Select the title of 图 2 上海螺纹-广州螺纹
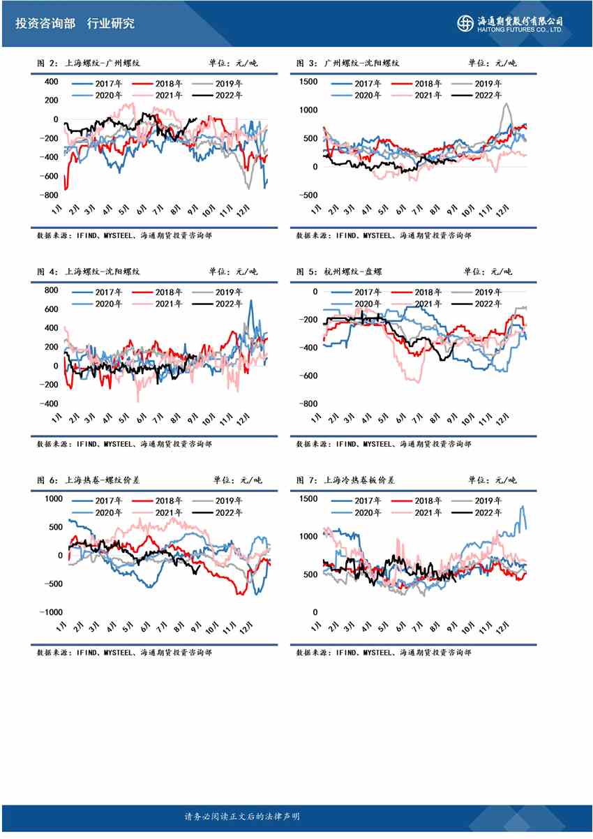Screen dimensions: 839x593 pyautogui.click(x=89, y=63)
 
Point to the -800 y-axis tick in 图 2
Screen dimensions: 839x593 pyautogui.click(x=50, y=195)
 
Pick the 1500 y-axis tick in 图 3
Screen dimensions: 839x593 pyautogui.click(x=309, y=82)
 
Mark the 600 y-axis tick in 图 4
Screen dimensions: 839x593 pyautogui.click(x=51, y=309)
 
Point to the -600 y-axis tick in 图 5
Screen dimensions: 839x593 pyautogui.click(x=308, y=376)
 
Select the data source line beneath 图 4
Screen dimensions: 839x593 pyautogui.click(x=124, y=443)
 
